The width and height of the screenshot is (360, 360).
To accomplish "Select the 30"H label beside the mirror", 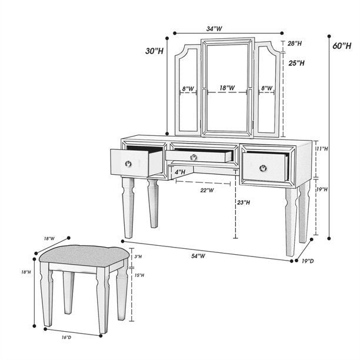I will tap(155, 51).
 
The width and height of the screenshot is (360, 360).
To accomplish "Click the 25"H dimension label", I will tap(296, 62).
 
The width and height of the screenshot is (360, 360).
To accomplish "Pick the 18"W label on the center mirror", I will tap(227, 88).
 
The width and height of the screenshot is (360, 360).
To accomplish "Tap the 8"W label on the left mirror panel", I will tap(188, 89).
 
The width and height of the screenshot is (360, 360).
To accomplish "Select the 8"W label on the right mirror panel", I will tap(266, 88).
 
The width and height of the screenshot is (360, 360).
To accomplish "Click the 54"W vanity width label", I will tap(198, 255).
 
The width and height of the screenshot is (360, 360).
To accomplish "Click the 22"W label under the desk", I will tap(206, 190).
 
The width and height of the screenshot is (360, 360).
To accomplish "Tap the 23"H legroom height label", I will tap(244, 202).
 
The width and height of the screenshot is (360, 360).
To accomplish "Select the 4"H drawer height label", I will tap(179, 172).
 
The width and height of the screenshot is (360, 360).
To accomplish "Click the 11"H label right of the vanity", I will tap(321, 149).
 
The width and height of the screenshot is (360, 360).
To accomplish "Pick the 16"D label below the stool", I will tap(66, 336).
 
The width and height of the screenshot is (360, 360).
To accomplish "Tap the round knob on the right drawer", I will tap(263, 168).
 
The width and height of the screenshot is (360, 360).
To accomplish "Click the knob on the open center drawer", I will tap(193, 156).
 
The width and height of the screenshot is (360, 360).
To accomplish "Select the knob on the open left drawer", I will tap(128, 164).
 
